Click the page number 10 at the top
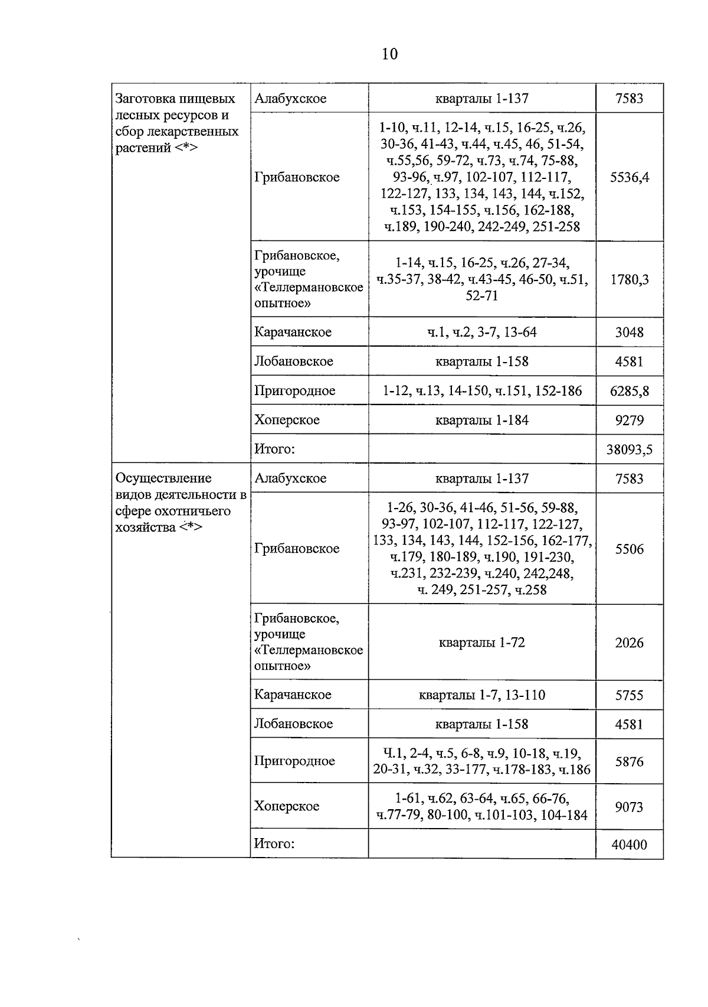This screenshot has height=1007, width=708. (390, 54)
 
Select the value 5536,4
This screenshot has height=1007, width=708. (629, 177)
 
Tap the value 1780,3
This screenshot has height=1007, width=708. (629, 279)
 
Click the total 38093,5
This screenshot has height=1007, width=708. (629, 450)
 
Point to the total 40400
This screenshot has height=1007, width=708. (629, 845)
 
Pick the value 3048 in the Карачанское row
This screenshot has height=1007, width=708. (629, 332)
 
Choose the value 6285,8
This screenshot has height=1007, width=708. (629, 391)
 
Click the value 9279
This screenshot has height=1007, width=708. (629, 421)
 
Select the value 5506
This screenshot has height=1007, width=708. (629, 549)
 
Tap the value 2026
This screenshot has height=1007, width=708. (629, 643)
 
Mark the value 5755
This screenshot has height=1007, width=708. (629, 695)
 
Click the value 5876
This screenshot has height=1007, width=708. (629, 761)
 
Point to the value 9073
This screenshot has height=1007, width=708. (629, 807)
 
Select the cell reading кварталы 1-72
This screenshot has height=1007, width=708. (481, 643)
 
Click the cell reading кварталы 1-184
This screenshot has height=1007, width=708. (481, 421)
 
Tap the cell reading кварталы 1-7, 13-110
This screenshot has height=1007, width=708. (481, 695)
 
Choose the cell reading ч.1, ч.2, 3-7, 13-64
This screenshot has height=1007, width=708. (481, 332)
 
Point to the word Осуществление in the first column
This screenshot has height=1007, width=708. (163, 478)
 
